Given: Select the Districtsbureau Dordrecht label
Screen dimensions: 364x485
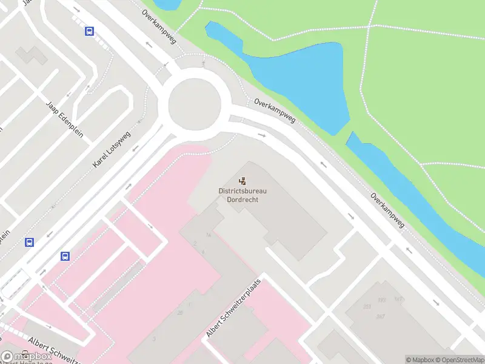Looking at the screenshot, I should (x=242, y=195).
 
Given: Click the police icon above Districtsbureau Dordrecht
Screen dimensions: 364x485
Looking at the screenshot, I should (x=242, y=180).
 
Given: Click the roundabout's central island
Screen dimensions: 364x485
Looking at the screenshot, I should (x=192, y=103).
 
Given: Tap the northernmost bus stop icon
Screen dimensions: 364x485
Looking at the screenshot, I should (x=89, y=31).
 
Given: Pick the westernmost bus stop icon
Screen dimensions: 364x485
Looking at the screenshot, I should (x=29, y=242).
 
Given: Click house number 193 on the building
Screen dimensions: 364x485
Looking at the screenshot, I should (x=382, y=300).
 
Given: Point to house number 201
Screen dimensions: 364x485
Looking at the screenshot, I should (x=367, y=307).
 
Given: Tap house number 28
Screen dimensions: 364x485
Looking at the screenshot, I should (x=180, y=313).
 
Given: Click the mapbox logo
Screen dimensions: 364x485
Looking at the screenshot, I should (x=27, y=357).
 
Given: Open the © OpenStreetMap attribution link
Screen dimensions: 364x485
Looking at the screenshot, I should (x=459, y=360).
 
